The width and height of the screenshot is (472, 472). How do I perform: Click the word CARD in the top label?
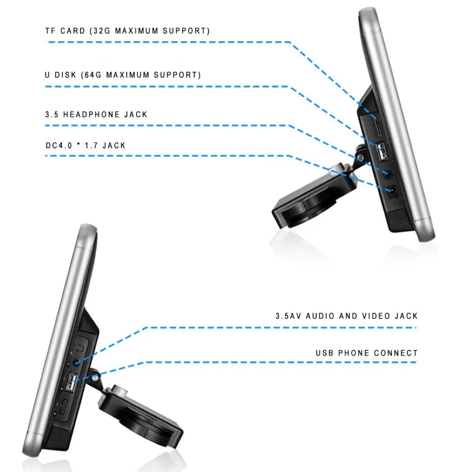tap(73, 31)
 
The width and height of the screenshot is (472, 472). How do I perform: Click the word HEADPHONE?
tap(91, 114)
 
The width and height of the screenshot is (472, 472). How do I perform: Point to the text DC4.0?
tap(59, 146)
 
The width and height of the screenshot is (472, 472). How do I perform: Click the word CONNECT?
tap(396, 353)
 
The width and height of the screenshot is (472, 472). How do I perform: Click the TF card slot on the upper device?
tap(378, 126)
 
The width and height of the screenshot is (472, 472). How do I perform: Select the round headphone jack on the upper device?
tap(388, 174)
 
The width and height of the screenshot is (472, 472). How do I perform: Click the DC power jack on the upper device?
tap(392, 191)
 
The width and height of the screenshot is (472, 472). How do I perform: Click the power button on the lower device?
tap(80, 348)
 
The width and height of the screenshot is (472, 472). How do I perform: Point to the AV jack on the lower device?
tap(77, 362)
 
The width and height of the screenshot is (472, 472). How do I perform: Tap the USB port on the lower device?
tap(71, 382)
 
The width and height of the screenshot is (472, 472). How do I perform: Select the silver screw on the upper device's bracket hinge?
tap(359, 158)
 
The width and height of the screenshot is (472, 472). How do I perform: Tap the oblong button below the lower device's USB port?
tap(64, 407)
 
